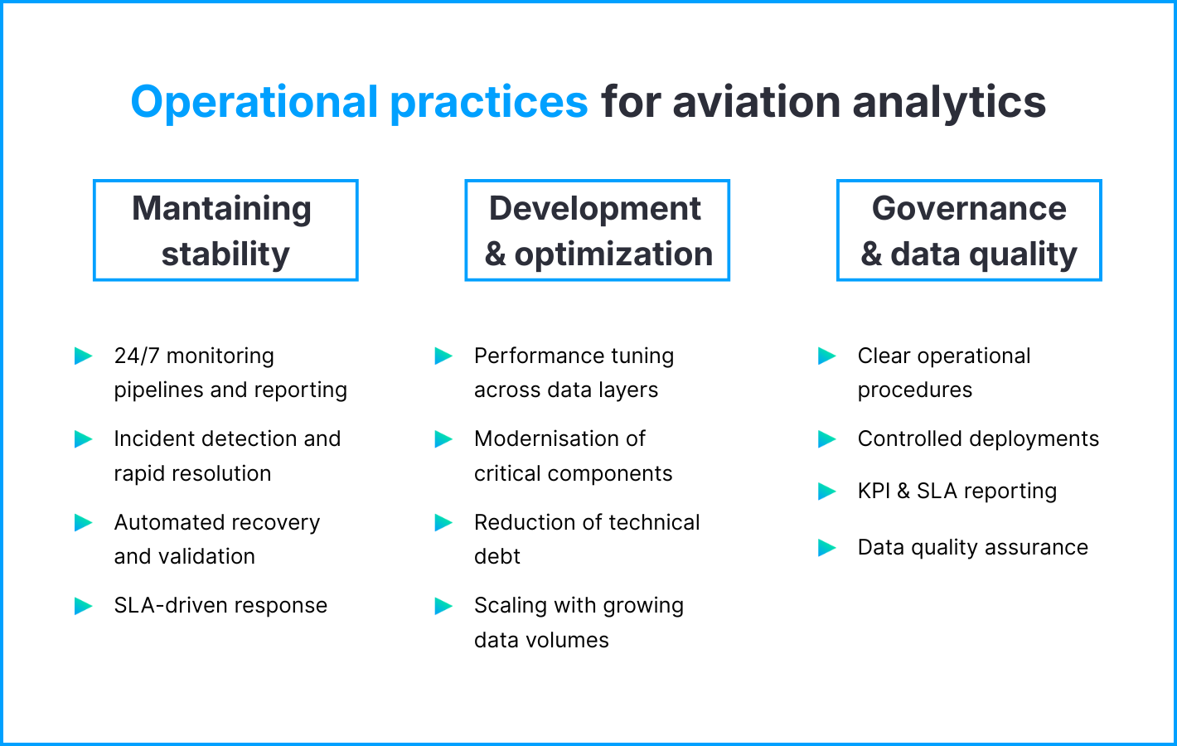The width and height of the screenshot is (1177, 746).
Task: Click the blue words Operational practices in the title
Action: [x=359, y=102]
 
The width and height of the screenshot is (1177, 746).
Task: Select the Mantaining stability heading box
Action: [x=225, y=230]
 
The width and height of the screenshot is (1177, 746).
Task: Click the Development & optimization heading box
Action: [x=597, y=230]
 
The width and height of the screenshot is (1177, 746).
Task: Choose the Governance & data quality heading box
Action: [x=969, y=230]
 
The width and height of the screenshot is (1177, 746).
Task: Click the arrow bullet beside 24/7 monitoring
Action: [x=84, y=356]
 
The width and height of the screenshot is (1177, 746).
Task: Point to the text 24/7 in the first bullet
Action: [x=136, y=356]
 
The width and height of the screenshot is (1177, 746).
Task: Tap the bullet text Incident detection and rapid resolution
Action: [x=226, y=455]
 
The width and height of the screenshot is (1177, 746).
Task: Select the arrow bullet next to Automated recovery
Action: [x=84, y=522]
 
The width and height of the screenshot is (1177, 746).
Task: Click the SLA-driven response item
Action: [x=220, y=605]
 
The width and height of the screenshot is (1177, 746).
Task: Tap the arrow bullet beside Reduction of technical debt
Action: [x=443, y=522]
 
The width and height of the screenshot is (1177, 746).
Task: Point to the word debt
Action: [x=496, y=556]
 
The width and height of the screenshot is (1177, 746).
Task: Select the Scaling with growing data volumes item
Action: [x=578, y=622]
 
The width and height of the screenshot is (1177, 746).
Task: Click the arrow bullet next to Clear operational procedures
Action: [x=827, y=356]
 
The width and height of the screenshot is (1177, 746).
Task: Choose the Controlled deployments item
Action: [x=978, y=438]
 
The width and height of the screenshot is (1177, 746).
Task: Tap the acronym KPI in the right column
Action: [x=874, y=491]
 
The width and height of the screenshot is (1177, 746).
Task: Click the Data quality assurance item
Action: [x=972, y=547]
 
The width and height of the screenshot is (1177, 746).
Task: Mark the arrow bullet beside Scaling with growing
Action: [x=443, y=606]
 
